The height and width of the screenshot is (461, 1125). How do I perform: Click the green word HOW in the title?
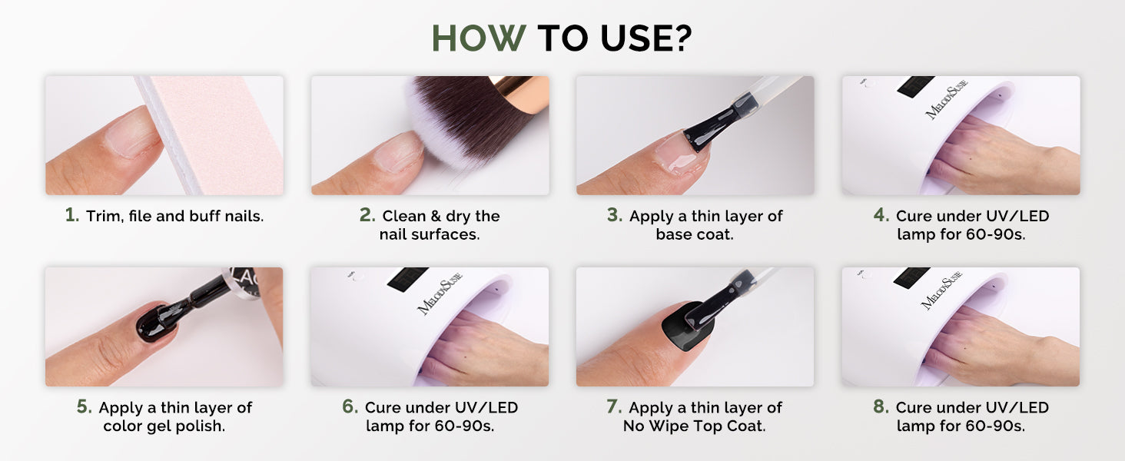tap(479, 38)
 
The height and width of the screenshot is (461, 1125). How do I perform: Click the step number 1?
tap(71, 215)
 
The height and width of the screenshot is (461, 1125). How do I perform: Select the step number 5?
tap(84, 406)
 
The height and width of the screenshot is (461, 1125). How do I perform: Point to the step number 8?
tap(881, 406)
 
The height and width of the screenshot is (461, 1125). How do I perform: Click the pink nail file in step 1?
tap(211, 134)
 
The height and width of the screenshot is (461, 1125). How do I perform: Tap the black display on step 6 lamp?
tap(407, 277)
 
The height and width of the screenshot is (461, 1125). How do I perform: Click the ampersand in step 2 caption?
tap(436, 216)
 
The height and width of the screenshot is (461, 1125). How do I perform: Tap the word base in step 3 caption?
tap(673, 234)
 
